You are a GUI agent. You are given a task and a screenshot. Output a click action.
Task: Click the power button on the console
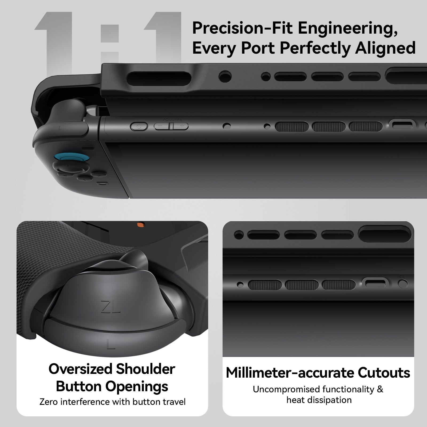click(139, 126)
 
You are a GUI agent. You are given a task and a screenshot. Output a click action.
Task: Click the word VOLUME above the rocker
click(172, 120)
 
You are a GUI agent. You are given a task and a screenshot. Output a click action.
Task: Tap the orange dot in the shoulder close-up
click(140, 224)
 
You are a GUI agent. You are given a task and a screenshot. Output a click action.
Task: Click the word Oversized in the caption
click(80, 369)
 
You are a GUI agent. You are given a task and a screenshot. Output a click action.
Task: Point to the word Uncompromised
click(287, 389)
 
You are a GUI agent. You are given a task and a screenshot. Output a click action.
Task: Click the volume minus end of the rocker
click(160, 126)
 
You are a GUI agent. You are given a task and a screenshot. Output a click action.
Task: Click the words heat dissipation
click(319, 400)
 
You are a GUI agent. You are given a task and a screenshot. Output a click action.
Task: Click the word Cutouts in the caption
click(384, 373)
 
